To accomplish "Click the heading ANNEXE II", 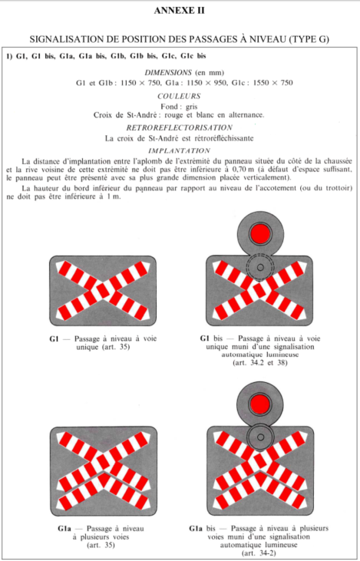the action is [180, 11].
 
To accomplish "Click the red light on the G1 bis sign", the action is [260, 233].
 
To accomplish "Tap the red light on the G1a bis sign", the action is [260, 404].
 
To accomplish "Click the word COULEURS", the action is [179, 96].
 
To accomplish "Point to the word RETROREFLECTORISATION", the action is [180, 127].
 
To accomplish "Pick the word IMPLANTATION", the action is [180, 150].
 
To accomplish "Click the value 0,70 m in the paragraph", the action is [243, 170].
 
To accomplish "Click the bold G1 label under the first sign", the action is [54, 338].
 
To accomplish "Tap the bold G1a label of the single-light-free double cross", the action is [64, 529].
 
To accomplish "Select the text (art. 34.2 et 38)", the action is [259, 363].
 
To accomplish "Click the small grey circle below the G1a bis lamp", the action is [260, 437].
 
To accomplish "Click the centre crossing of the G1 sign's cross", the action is [103, 291].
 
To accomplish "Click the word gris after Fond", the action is [191, 107].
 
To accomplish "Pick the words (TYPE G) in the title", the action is [309, 39].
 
